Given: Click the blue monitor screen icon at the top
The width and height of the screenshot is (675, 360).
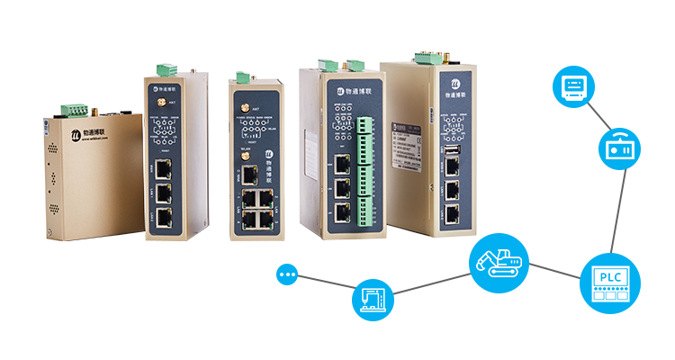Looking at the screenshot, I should pyautogui.click(x=572, y=86).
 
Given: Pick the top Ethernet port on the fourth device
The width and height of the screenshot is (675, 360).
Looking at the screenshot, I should pyautogui.click(x=342, y=164).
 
